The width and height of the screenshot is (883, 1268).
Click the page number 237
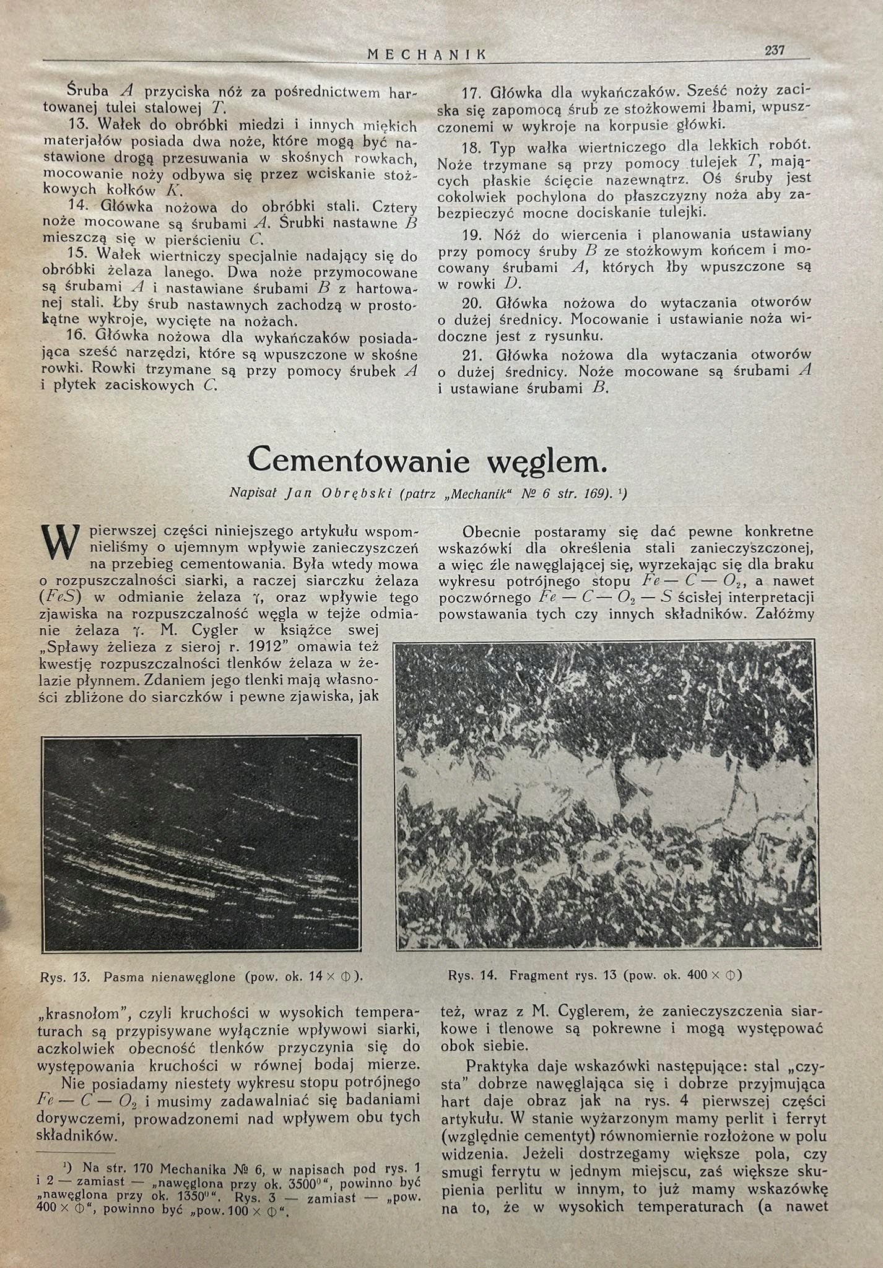(x=775, y=51)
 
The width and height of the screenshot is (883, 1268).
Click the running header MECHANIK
(x=427, y=54)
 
